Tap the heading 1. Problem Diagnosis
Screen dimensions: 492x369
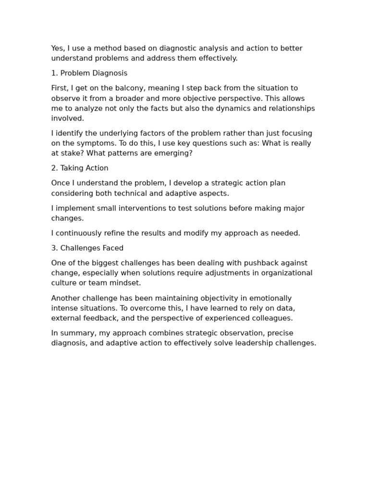point(89,74)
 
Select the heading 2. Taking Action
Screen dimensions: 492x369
point(80,169)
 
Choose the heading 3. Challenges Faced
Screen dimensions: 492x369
point(87,248)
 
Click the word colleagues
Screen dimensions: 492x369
point(272,319)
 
